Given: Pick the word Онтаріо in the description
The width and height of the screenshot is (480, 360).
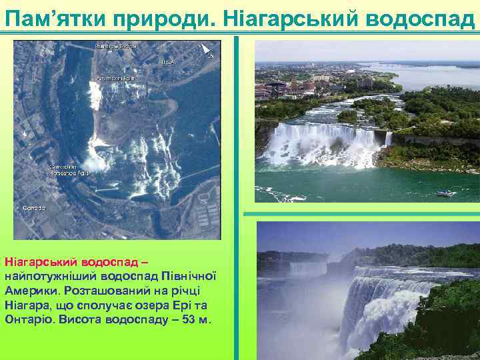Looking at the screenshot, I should pos(27,319).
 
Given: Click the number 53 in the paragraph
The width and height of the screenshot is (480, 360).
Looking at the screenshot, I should pos(187,319).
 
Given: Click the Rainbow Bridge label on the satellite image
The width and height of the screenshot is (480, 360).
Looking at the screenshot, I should pos(115,46).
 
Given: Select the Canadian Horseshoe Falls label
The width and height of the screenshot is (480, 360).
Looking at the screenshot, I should pos(68,169).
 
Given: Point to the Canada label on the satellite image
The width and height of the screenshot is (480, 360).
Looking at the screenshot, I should pos(34,207).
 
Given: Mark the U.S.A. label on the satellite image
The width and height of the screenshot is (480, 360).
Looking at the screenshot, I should pos(167,61).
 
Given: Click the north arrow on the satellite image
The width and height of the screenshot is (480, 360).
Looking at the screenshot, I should pos(207,49).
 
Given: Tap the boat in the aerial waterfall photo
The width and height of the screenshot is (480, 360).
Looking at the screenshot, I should pos(445,193).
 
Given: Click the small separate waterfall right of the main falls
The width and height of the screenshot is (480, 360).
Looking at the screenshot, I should pos(389,139).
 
